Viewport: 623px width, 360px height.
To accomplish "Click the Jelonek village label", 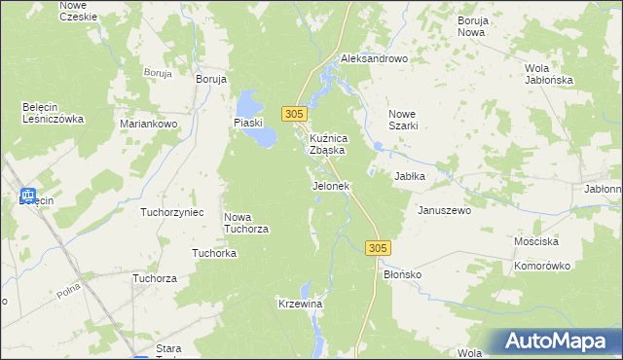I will pyautogui.click(x=330, y=186).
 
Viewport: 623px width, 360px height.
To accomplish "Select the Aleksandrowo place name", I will pyautogui.click(x=374, y=59).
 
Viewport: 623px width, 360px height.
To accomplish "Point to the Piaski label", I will pyautogui.click(x=250, y=122).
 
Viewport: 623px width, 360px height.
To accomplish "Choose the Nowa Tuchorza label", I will pyautogui.click(x=246, y=223).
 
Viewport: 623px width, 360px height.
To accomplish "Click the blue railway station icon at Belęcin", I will pyautogui.click(x=27, y=197).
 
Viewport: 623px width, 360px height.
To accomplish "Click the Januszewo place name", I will pyautogui.click(x=444, y=210).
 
